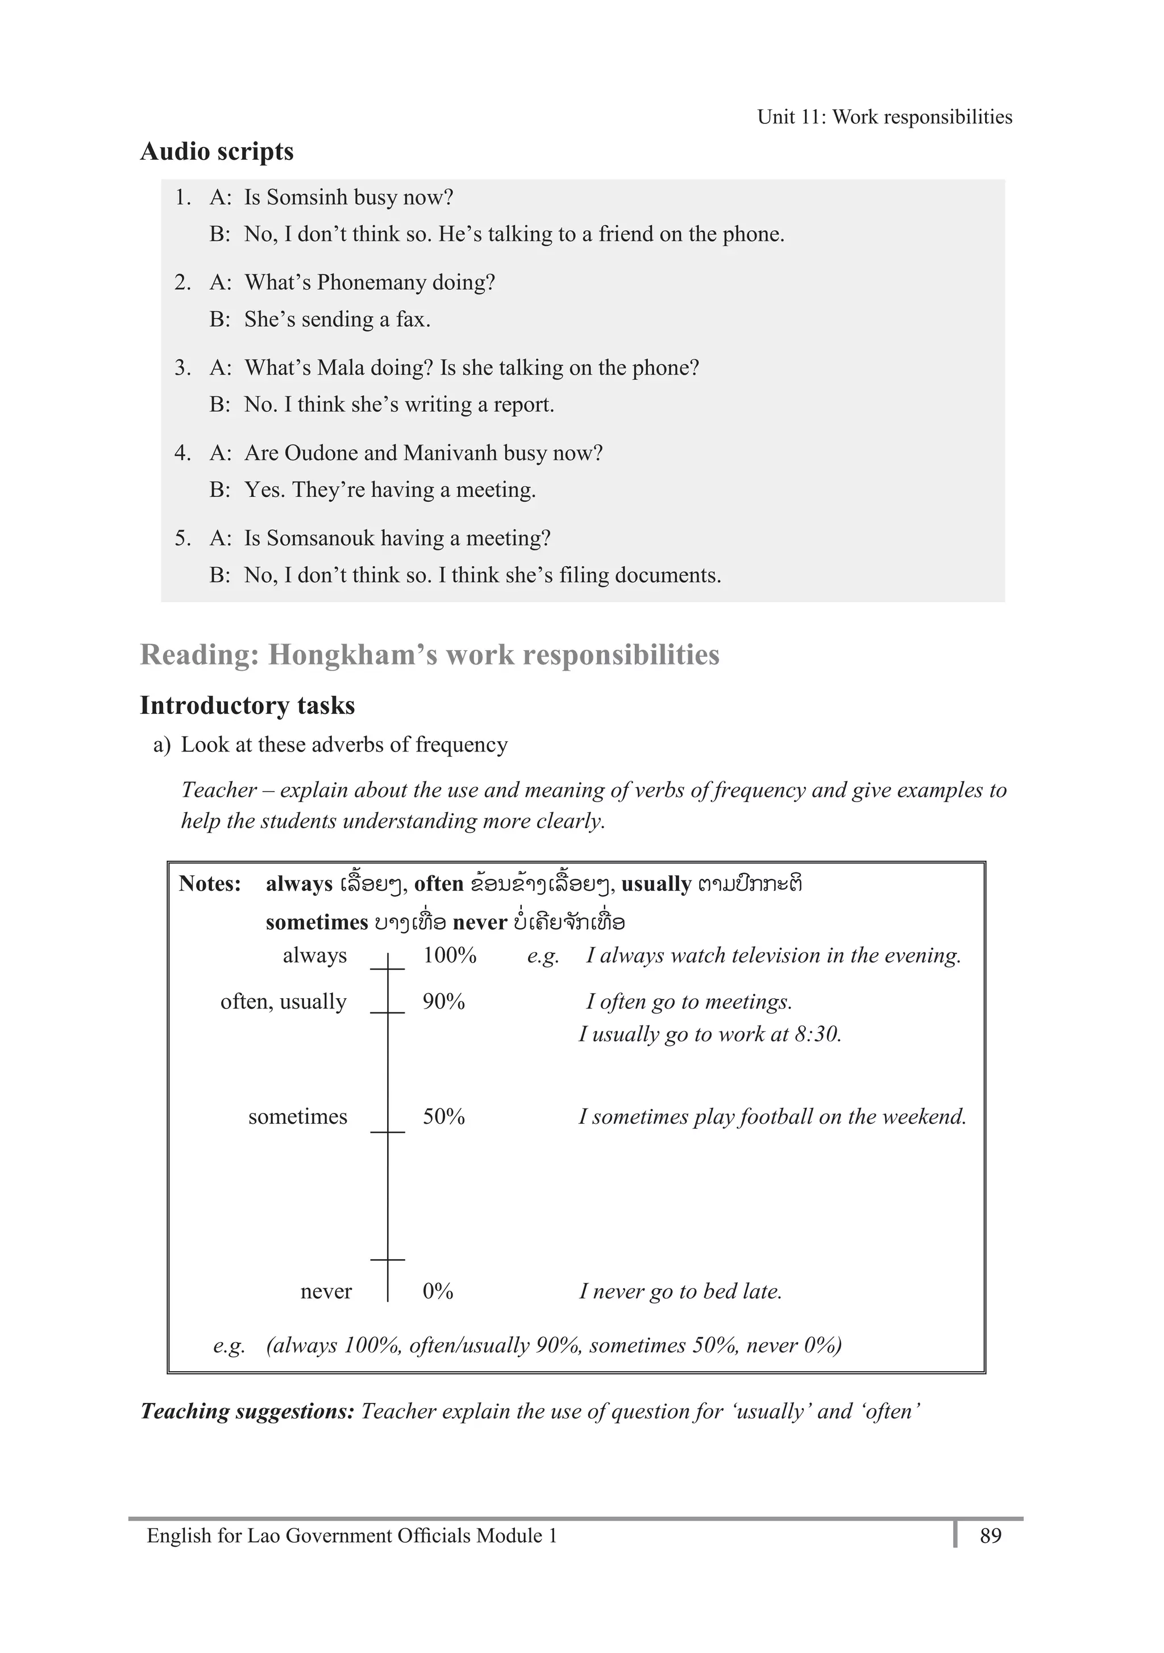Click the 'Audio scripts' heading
[217, 152]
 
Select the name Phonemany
[372, 282]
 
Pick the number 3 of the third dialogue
[181, 368]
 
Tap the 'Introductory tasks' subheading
[247, 705]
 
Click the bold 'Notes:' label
[210, 883]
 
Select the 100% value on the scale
[449, 956]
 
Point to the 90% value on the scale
[443, 1002]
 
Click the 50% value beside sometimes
[443, 1116]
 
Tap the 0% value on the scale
[438, 1291]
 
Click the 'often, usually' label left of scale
[283, 1002]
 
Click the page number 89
[991, 1536]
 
